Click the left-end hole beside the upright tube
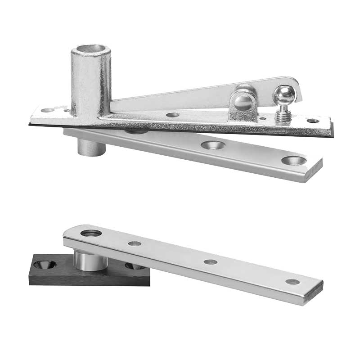[x=47, y=110]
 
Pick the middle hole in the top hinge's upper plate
[x=172, y=115]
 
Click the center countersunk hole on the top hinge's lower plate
[x=213, y=145]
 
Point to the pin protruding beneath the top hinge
[x=91, y=147]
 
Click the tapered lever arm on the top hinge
[x=180, y=97]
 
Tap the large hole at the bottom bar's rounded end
[x=91, y=233]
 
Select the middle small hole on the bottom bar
[x=210, y=261]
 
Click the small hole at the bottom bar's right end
[x=292, y=282]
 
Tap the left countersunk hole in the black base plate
[x=45, y=265]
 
